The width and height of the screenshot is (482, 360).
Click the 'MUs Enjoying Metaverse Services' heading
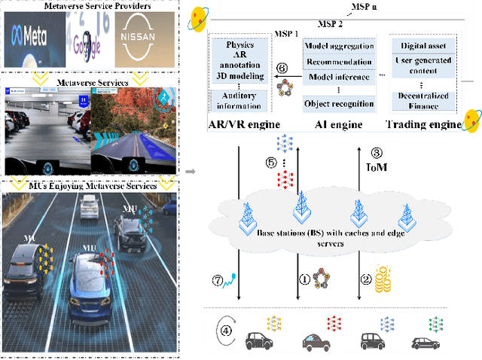coord(89,185)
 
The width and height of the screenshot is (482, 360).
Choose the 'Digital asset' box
coord(424,46)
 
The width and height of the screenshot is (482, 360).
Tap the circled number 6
coord(282,67)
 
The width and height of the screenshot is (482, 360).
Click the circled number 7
coord(218,281)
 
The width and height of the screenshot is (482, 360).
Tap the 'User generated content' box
coord(424,66)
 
